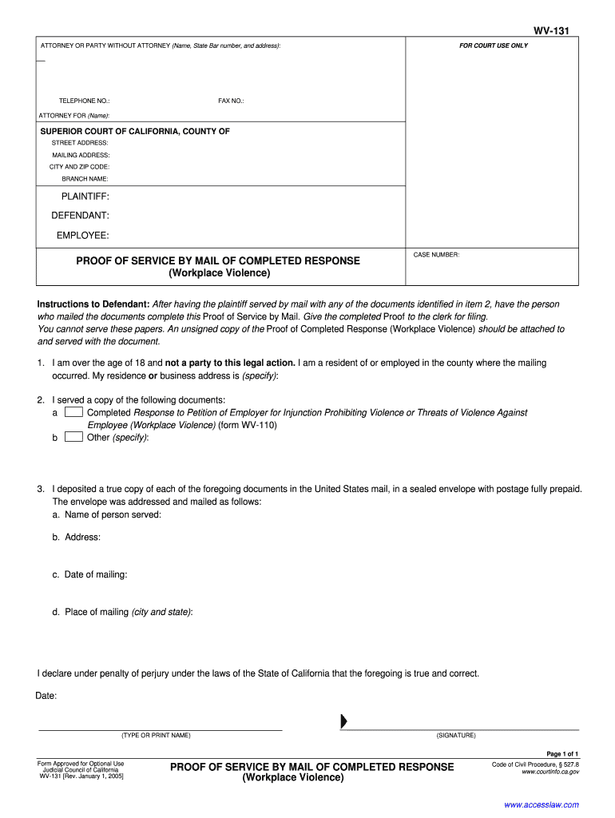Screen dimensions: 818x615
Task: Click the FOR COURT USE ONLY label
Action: coord(493,46)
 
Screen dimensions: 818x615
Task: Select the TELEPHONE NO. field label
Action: coord(84,101)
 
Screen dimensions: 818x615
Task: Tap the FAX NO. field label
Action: coord(231,101)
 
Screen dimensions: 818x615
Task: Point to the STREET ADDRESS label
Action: coord(80,142)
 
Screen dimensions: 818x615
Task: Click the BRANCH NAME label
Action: coord(85,179)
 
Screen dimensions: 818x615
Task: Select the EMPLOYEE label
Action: coord(82,235)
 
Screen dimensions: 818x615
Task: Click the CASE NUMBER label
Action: coord(436,255)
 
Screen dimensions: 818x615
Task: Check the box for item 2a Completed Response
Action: coord(73,412)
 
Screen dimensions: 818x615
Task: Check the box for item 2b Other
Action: coord(73,437)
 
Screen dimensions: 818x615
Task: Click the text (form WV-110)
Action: coord(248,425)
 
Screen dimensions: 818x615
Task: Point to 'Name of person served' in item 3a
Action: coord(112,514)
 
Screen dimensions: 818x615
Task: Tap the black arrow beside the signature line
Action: coord(343,721)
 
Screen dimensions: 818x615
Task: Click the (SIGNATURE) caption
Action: coord(456,736)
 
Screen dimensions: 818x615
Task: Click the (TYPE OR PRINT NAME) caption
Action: coord(156,736)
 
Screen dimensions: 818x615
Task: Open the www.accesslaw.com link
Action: coord(542,804)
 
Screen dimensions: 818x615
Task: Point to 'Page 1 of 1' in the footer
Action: coord(562,754)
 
